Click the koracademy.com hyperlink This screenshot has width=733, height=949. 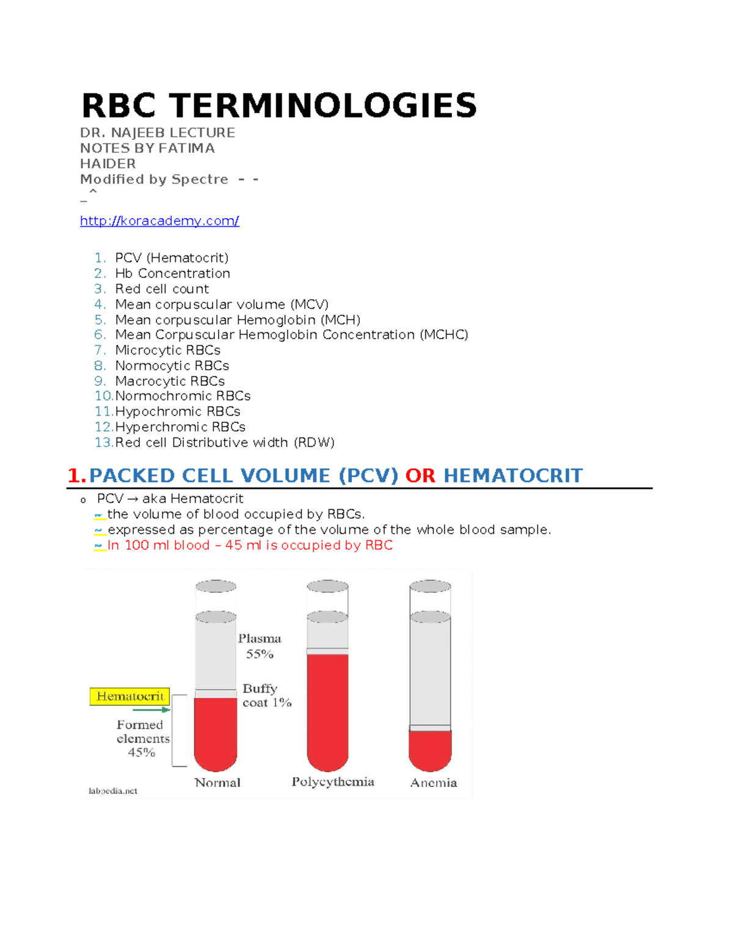pyautogui.click(x=159, y=221)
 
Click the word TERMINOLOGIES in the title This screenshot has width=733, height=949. pyautogui.click(x=323, y=106)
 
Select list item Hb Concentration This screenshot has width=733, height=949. pyautogui.click(x=172, y=273)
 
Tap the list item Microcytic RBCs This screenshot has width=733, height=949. pyautogui.click(x=167, y=350)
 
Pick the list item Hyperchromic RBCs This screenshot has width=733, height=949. pyautogui.click(x=180, y=427)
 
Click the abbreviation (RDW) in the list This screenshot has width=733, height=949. pyautogui.click(x=314, y=442)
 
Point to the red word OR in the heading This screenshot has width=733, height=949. pyautogui.click(x=420, y=475)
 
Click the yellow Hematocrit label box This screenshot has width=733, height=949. pyautogui.click(x=129, y=697)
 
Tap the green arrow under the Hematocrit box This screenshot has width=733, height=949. pyautogui.click(x=150, y=710)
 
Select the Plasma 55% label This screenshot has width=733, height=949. pyautogui.click(x=260, y=646)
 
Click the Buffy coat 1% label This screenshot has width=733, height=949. pyautogui.click(x=266, y=695)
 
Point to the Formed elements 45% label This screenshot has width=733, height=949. pyautogui.click(x=142, y=738)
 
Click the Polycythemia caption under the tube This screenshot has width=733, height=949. pyautogui.click(x=332, y=782)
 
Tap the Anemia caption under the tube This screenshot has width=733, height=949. pyautogui.click(x=433, y=783)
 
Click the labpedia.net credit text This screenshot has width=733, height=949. pyautogui.click(x=113, y=791)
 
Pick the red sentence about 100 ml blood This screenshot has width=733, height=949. pyautogui.click(x=250, y=545)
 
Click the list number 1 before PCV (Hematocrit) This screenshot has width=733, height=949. pyautogui.click(x=100, y=258)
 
